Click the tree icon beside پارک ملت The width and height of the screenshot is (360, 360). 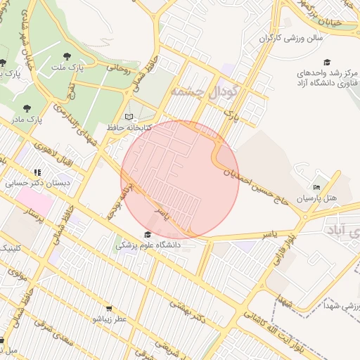[66, 55]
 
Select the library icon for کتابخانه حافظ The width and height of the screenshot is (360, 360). [127, 117]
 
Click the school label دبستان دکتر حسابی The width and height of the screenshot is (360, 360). [28, 183]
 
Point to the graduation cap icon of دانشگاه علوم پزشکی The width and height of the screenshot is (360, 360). [148, 235]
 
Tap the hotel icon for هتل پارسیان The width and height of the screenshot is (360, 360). [316, 187]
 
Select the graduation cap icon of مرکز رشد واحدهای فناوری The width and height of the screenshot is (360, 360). [327, 62]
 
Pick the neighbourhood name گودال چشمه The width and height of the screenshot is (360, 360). [205, 91]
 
